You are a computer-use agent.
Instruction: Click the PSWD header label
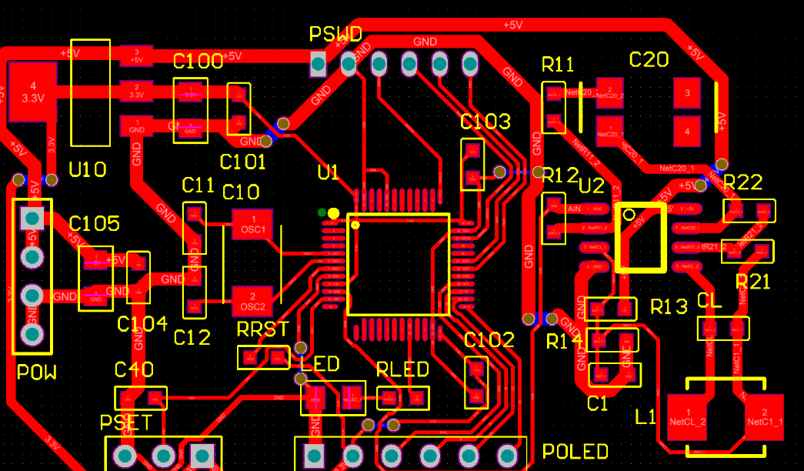335,35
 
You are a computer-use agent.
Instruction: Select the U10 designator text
88,169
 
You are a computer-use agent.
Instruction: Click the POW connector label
37,373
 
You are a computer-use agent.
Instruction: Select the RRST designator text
263,330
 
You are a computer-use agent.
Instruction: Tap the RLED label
402,370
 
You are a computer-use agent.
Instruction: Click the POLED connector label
575,452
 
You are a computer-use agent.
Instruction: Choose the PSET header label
126,423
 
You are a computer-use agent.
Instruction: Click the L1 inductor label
646,418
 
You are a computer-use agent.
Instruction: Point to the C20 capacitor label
649,60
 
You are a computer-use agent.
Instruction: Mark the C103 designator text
485,122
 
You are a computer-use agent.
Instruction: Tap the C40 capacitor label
134,370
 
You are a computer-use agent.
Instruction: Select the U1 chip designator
328,172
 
